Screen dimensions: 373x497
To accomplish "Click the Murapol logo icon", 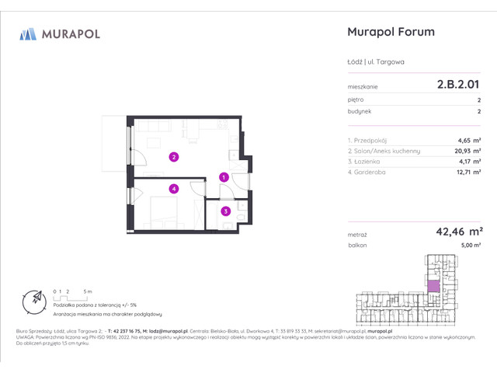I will [29, 33].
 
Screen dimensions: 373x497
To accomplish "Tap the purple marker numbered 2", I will [175, 157].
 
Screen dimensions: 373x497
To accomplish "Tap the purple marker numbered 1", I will [224, 177].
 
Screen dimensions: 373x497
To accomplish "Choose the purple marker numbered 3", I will [225, 210].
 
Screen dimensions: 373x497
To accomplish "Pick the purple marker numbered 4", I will [175, 188].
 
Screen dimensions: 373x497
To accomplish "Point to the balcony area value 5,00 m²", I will [470, 245].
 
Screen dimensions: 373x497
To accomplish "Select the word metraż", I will [357, 232].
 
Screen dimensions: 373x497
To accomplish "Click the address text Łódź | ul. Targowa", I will [377, 61].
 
